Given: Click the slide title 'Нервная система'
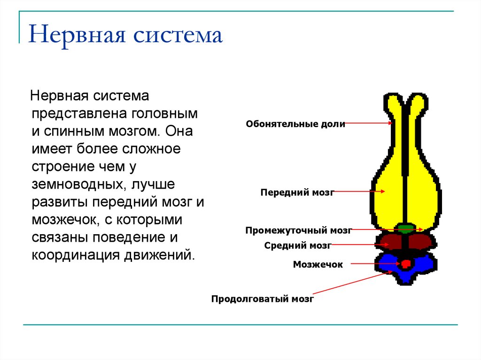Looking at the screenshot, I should (x=125, y=36).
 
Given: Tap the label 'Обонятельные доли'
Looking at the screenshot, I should (x=295, y=124).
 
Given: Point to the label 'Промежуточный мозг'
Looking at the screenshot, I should (x=298, y=230).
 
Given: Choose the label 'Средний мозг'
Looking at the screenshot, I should (x=298, y=245).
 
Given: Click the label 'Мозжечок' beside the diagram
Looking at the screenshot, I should (x=318, y=265).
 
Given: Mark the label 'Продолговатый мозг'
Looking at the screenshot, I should (x=262, y=299).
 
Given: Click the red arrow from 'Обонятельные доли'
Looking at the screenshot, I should (x=369, y=123).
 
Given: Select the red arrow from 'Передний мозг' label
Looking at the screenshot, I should (x=359, y=191).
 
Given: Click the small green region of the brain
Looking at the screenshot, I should (x=404, y=229).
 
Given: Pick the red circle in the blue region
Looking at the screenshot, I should (x=406, y=264).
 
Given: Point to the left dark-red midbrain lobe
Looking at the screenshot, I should (x=391, y=241).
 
